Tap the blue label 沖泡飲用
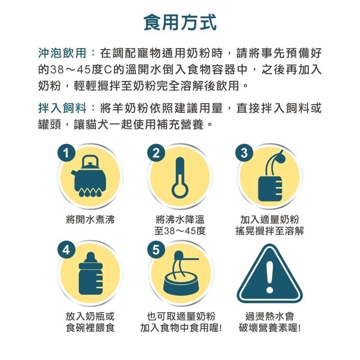(62, 53)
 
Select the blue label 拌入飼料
(62, 108)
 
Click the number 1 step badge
(66, 153)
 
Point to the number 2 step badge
(156, 153)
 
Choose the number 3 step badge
(244, 153)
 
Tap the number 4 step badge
(66, 249)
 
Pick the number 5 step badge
(156, 249)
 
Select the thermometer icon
(180, 177)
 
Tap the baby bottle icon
(90, 273)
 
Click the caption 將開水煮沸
(90, 220)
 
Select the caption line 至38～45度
(180, 231)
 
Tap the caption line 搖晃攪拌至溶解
(270, 231)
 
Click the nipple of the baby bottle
(91, 257)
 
